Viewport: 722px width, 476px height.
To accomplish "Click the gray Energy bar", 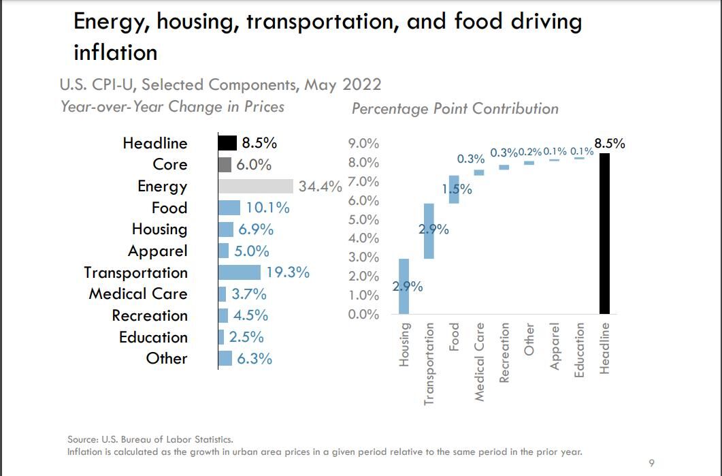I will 255,186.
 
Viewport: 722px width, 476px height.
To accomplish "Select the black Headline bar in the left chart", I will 227,143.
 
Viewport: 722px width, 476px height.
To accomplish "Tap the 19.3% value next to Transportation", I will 288,272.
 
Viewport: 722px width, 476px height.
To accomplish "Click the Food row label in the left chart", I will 169,208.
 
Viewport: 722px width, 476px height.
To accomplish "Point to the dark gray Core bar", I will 225,165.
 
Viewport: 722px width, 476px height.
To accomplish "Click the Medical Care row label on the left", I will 137,294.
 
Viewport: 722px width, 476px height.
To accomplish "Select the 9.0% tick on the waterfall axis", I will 363,144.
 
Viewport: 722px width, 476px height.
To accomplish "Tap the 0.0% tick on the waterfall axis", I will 363,315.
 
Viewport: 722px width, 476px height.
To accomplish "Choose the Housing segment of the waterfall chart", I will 404,287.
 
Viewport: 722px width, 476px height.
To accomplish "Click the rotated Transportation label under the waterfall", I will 429,364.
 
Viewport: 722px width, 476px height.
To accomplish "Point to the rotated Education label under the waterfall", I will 580,349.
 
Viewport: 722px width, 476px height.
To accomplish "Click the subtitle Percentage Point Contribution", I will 455,109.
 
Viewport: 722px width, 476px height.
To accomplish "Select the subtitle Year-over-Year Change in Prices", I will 172,107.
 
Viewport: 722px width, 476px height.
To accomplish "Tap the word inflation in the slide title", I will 115,52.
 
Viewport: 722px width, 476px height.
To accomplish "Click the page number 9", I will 651,464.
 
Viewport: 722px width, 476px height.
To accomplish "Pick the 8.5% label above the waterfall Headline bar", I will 609,144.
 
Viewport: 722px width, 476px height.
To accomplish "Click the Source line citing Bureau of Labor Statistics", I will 150,440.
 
